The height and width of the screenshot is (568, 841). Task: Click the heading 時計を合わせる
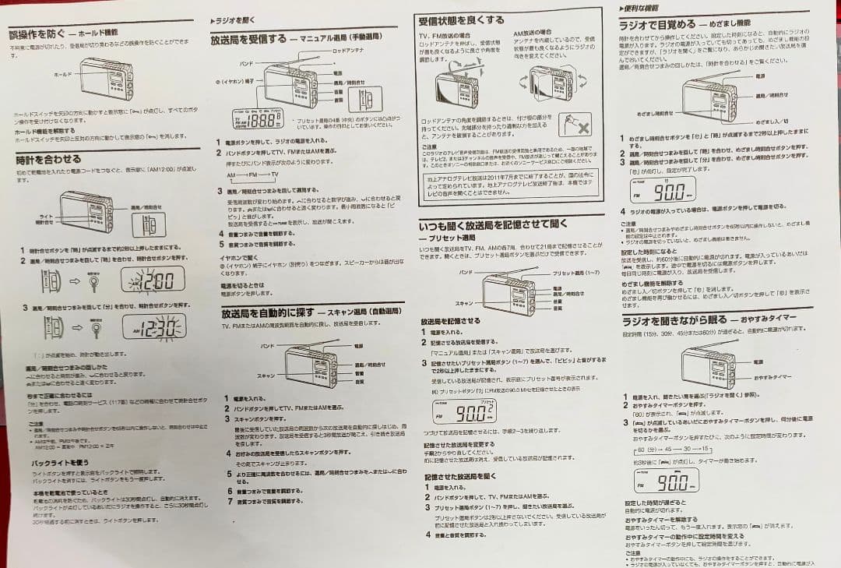click(x=48, y=160)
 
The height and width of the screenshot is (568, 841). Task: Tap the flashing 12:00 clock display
click(x=153, y=280)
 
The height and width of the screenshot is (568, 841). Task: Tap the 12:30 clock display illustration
click(x=153, y=328)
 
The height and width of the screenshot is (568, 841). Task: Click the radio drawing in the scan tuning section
click(x=311, y=366)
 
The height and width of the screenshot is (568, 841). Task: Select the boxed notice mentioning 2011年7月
click(x=511, y=186)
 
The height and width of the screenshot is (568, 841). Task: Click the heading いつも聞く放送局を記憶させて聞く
click(x=493, y=224)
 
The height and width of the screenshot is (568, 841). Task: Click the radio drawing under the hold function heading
click(x=105, y=78)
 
